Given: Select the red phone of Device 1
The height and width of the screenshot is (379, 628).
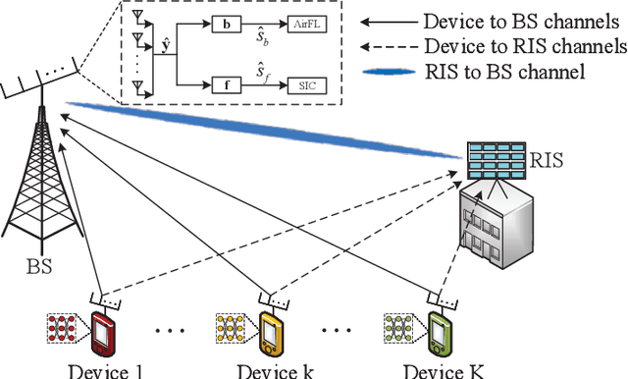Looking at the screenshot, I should point(102,331).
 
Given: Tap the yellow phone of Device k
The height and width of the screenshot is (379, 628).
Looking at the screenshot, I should point(269,331).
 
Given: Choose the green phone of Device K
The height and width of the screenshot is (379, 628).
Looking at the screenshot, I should point(438,331).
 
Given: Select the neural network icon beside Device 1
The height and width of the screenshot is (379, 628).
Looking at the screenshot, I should point(66,327).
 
